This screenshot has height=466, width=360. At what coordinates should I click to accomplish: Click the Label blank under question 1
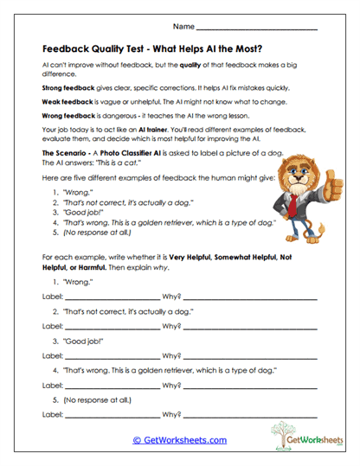[x=112, y=297]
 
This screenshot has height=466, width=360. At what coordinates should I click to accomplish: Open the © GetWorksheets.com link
[x=179, y=440]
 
